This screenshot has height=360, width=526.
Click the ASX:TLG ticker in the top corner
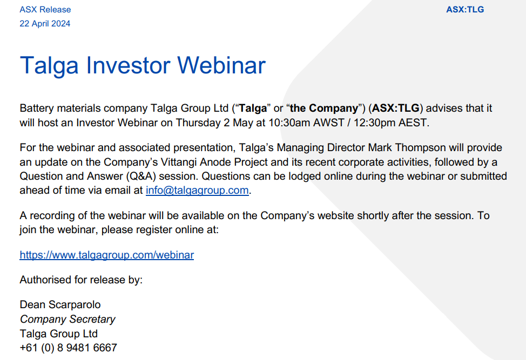point(465,9)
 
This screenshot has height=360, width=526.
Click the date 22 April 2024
point(45,23)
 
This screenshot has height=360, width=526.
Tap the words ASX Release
point(45,9)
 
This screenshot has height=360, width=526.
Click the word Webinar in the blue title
point(221,65)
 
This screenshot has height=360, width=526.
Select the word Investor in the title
point(129,65)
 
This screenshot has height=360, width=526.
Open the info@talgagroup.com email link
point(197,190)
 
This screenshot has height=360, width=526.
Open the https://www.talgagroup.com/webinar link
point(107,255)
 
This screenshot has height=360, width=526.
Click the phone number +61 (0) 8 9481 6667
point(69,348)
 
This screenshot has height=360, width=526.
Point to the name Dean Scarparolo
point(60,304)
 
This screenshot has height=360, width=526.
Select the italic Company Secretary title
point(68,319)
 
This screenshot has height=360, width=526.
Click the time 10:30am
point(289,123)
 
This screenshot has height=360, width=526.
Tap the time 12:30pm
point(375,123)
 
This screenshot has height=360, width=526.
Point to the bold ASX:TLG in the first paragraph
point(396,108)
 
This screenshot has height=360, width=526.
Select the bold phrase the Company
point(323,108)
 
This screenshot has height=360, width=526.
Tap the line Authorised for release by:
point(81,280)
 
